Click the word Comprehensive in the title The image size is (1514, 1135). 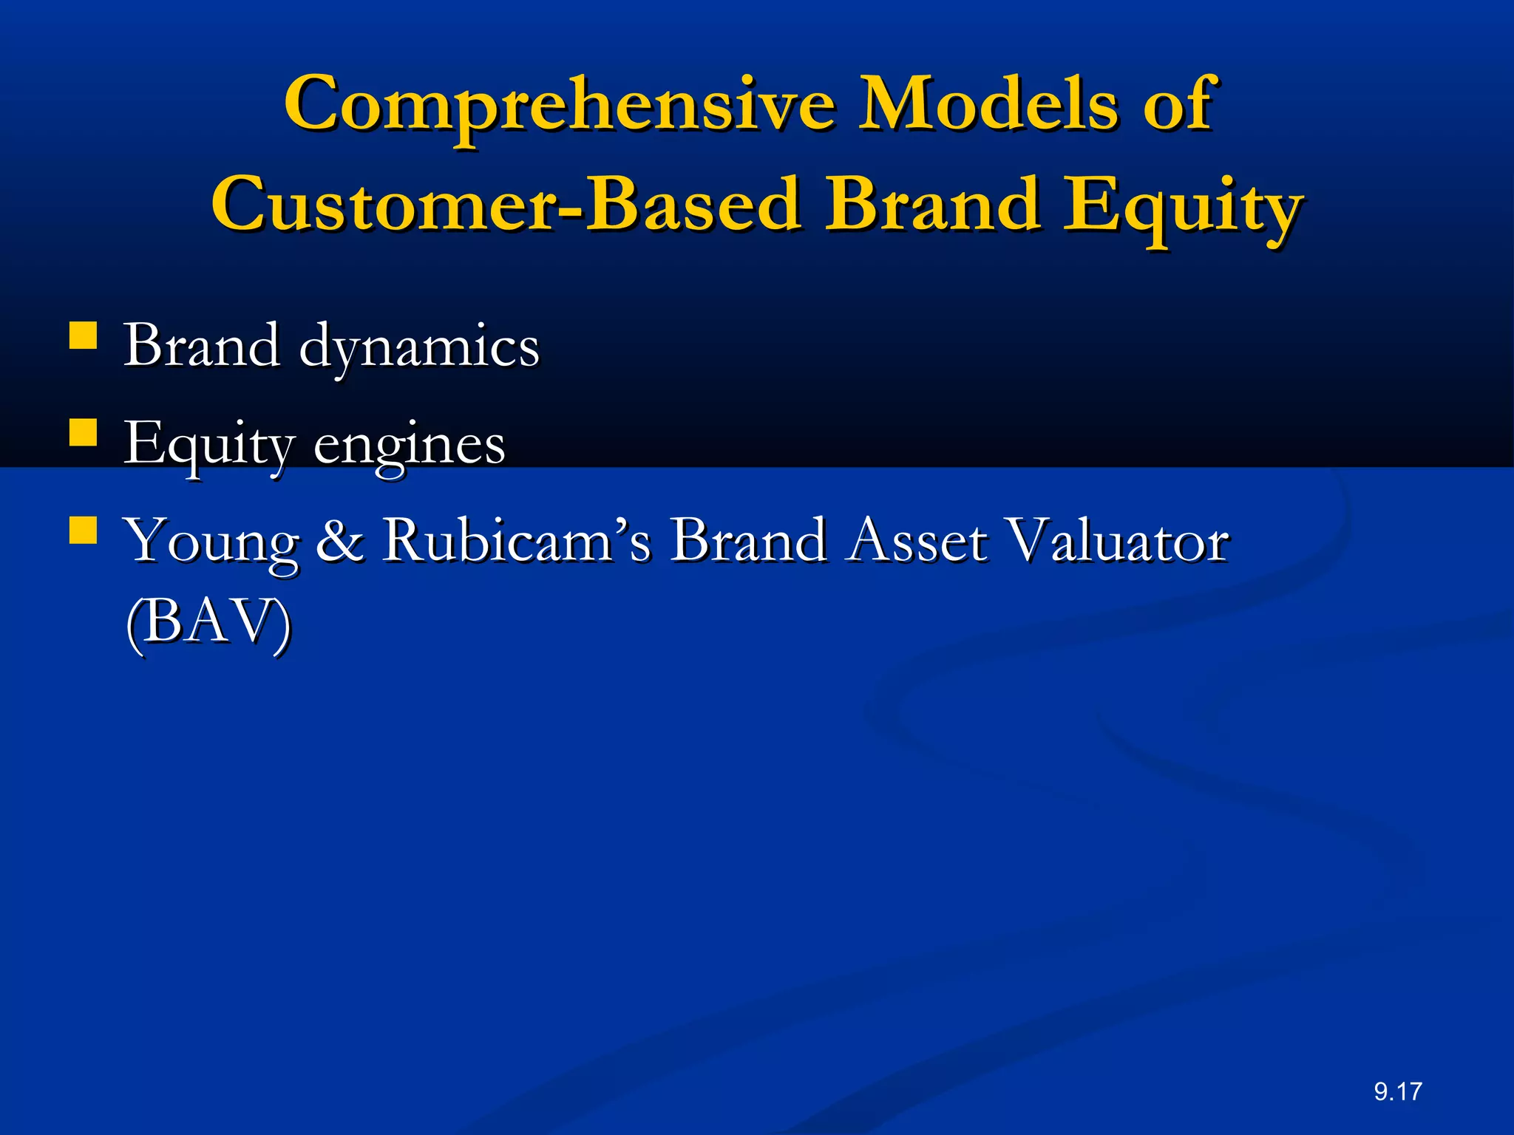click(x=559, y=105)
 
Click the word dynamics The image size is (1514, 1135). click(x=419, y=347)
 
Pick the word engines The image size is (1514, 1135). click(x=410, y=446)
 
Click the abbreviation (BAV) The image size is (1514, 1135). click(x=208, y=622)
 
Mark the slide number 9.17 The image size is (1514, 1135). click(x=1398, y=1091)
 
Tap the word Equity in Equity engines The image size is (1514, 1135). click(x=209, y=445)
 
